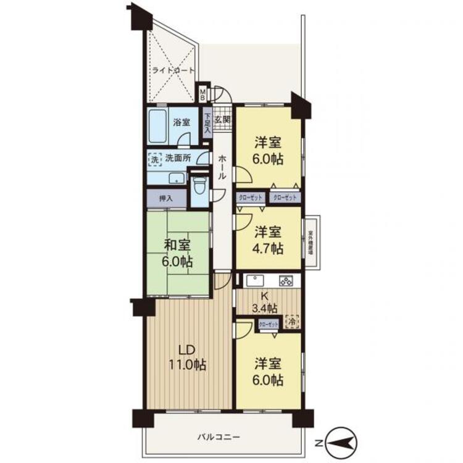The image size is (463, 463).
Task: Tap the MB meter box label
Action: click(x=201, y=95)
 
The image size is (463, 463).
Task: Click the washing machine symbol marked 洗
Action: click(x=154, y=159)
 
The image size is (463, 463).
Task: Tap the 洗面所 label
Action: click(x=177, y=158)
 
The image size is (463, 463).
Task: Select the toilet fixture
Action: click(x=198, y=186)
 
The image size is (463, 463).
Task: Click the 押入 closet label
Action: click(x=165, y=199)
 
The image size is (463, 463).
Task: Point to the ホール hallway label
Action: click(x=222, y=166)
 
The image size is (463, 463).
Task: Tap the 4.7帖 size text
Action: click(x=269, y=249)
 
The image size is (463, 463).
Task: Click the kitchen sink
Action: click(x=254, y=280)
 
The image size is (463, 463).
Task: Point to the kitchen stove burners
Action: click(x=286, y=280)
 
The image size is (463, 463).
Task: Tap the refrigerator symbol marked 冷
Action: click(x=292, y=322)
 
